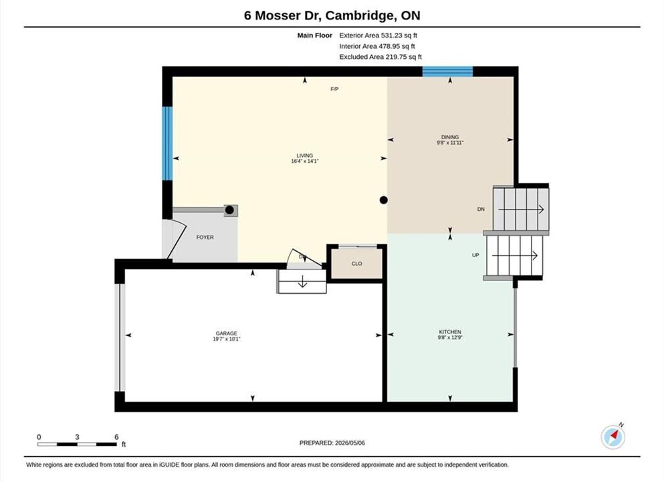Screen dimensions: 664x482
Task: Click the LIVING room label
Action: pyautogui.click(x=304, y=155)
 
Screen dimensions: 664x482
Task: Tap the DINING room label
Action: pyautogui.click(x=450, y=137)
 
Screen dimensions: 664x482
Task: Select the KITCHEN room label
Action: pyautogui.click(x=450, y=332)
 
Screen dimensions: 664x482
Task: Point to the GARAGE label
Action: pyautogui.click(x=226, y=333)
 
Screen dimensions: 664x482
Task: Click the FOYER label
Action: pyautogui.click(x=205, y=238)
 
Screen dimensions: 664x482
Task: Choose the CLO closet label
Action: pyautogui.click(x=356, y=264)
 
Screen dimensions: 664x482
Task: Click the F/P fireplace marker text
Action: pyautogui.click(x=334, y=89)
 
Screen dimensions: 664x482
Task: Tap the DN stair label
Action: pyautogui.click(x=481, y=209)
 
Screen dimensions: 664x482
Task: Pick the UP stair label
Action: pyautogui.click(x=475, y=255)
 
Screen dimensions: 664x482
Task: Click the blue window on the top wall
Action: pyautogui.click(x=447, y=71)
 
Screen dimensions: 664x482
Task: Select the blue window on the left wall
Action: pyautogui.click(x=168, y=143)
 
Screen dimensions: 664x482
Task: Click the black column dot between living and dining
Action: pyautogui.click(x=383, y=200)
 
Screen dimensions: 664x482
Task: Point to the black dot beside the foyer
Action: pyautogui.click(x=229, y=210)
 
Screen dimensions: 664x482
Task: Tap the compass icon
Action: pyautogui.click(x=613, y=437)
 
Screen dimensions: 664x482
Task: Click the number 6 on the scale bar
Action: pyautogui.click(x=116, y=437)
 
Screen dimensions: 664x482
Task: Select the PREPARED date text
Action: pyautogui.click(x=332, y=443)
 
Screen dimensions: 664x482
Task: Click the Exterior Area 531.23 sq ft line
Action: pyautogui.click(x=378, y=35)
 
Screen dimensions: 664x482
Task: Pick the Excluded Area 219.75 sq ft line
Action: pyautogui.click(x=380, y=57)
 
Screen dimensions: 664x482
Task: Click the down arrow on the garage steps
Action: pyautogui.click(x=302, y=281)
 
